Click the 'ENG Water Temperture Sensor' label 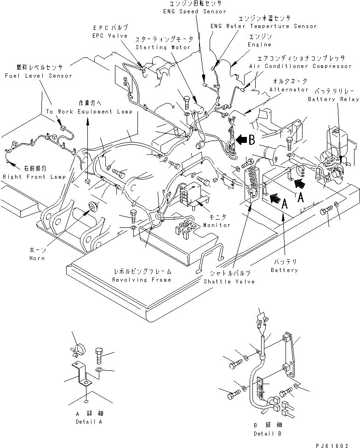pos(263,26)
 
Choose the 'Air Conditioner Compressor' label pos(300,66)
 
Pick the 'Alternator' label pos(289,90)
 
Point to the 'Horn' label pos(35,258)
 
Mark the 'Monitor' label pos(217,225)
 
